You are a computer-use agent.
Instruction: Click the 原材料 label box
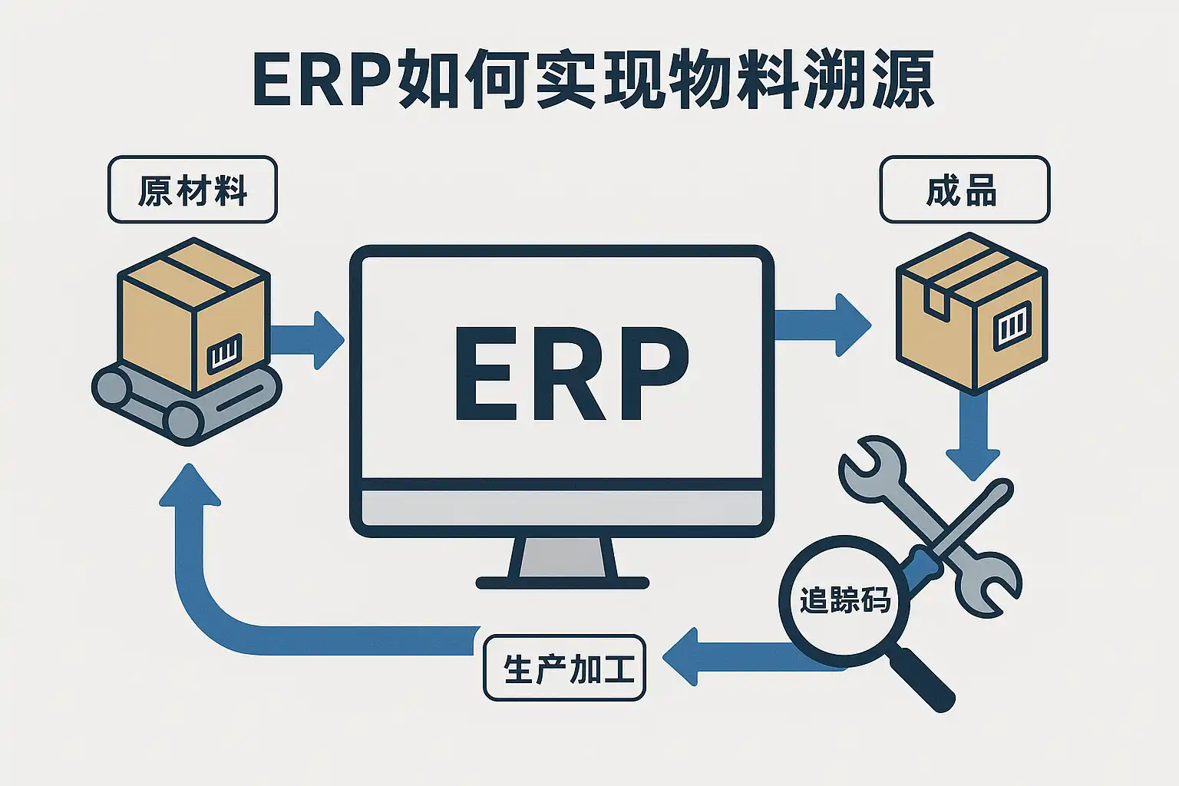(192, 190)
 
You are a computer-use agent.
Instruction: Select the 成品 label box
(964, 190)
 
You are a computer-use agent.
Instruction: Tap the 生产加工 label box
(564, 668)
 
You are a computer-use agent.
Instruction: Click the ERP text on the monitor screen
(572, 374)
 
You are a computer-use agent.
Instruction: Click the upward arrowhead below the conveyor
(190, 487)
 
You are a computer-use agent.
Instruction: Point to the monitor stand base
(562, 583)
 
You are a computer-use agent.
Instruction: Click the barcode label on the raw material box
(224, 354)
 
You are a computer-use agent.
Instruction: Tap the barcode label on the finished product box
(1012, 325)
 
